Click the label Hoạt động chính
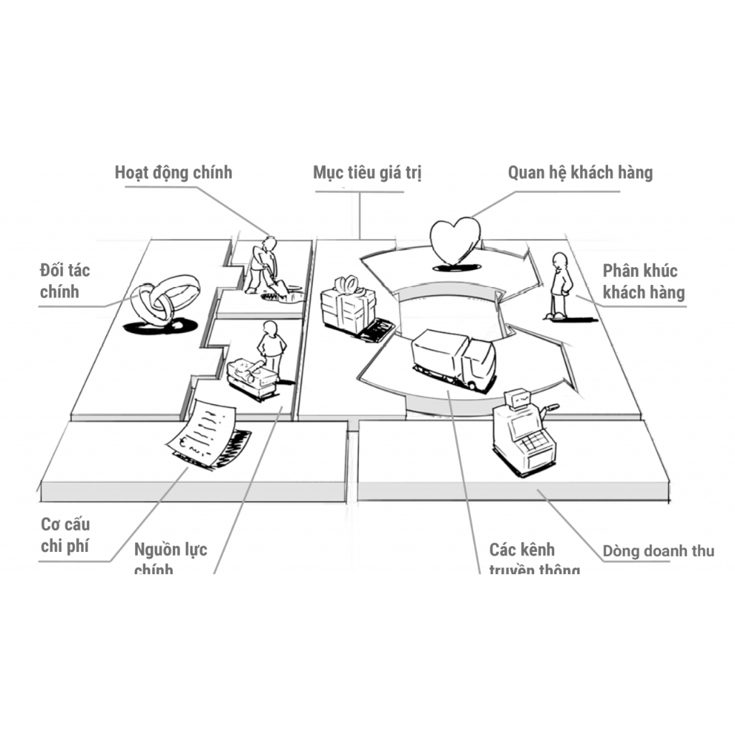173,173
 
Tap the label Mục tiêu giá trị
367,173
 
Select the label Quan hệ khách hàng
580,173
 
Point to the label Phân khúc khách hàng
643,281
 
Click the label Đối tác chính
65,281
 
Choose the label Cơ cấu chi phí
65,535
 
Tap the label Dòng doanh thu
658,551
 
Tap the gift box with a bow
347,305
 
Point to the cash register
524,431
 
